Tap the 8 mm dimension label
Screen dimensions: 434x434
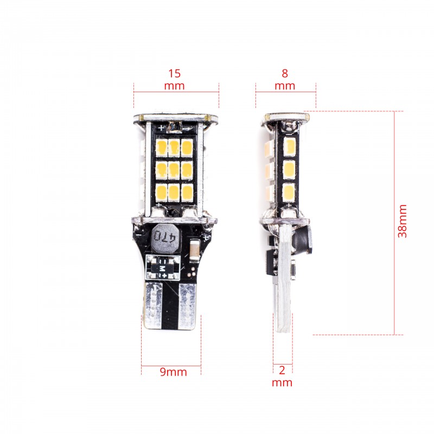coord(285,79)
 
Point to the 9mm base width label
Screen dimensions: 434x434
coord(173,372)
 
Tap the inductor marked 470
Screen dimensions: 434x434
coord(164,237)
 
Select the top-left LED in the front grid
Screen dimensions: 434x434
coord(161,146)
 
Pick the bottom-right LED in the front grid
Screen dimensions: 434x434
coord(187,191)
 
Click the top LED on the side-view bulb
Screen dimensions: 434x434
coord(288,145)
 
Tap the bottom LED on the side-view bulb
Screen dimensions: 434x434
coord(288,191)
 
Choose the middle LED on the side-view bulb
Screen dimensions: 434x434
coord(288,168)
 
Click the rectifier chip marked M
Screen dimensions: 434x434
coord(163,269)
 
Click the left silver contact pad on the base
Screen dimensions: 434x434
coord(155,304)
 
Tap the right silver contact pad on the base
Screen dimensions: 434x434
coord(188,304)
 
